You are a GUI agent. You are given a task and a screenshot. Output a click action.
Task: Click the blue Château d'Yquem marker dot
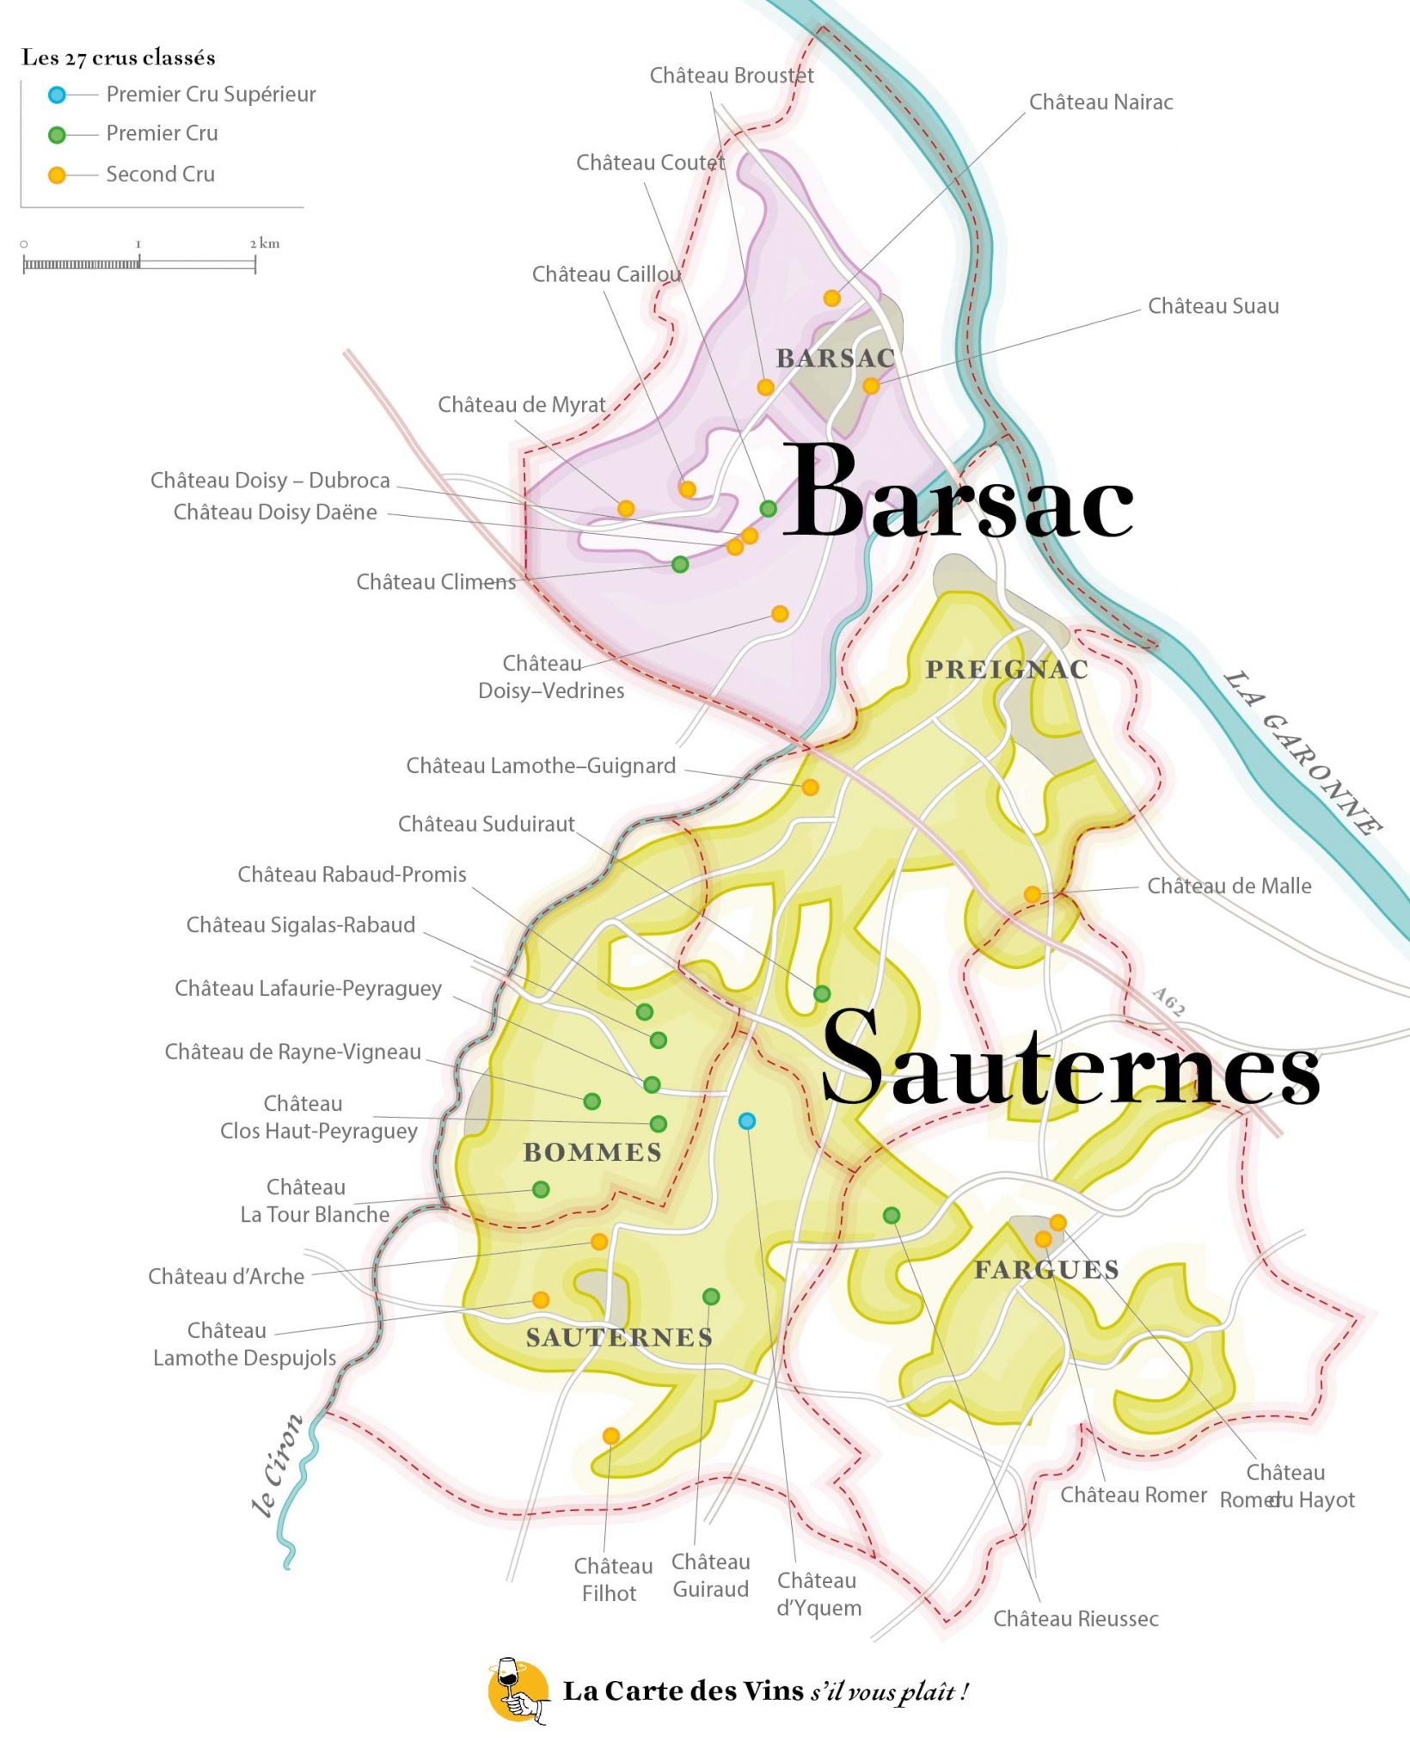click(746, 1120)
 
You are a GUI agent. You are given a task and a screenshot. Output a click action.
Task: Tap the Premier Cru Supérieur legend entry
click(210, 95)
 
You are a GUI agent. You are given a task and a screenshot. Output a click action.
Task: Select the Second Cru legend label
click(160, 175)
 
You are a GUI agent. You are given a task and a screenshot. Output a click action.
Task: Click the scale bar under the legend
click(139, 263)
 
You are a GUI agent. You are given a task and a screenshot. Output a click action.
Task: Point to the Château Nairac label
click(1100, 102)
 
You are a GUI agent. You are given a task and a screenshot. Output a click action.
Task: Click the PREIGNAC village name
click(1007, 669)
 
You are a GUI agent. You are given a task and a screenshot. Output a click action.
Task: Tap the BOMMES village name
click(592, 1152)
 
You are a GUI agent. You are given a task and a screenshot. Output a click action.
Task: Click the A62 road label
click(1169, 1002)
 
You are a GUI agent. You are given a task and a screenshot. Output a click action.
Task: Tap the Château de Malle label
click(1229, 887)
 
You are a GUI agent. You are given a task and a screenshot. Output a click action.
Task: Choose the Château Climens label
click(436, 582)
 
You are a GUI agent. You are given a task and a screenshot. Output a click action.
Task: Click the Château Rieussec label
click(1076, 1619)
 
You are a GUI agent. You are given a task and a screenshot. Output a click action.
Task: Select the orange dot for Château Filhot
click(610, 1435)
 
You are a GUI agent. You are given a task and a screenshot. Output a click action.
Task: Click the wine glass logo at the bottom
click(518, 1690)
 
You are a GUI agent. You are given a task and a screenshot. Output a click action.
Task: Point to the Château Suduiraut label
click(486, 824)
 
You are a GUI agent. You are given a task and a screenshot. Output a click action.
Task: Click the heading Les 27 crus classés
click(118, 58)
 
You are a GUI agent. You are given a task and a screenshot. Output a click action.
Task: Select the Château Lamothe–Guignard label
click(541, 765)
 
